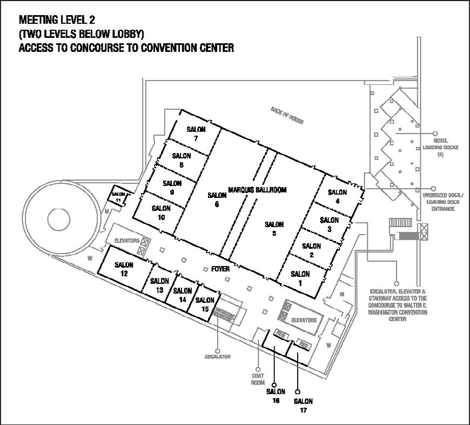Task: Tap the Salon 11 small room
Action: click(x=119, y=196)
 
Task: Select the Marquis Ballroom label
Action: click(x=257, y=190)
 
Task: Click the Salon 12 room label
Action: click(x=124, y=269)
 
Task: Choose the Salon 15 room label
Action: click(x=205, y=304)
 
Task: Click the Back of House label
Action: click(x=287, y=115)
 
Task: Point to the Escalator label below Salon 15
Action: click(x=218, y=357)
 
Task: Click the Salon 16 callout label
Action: click(x=276, y=395)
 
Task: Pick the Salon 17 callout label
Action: click(x=303, y=405)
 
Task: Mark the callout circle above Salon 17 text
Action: click(x=297, y=391)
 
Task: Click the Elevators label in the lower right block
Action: click(x=304, y=320)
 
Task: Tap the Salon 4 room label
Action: click(x=337, y=196)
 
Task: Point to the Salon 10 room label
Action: click(x=161, y=212)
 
